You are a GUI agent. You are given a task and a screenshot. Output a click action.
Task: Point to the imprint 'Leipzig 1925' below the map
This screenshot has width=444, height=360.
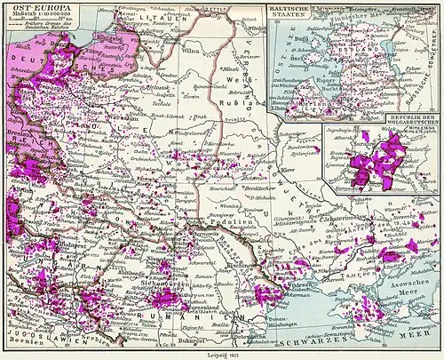click(x=223, y=354)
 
